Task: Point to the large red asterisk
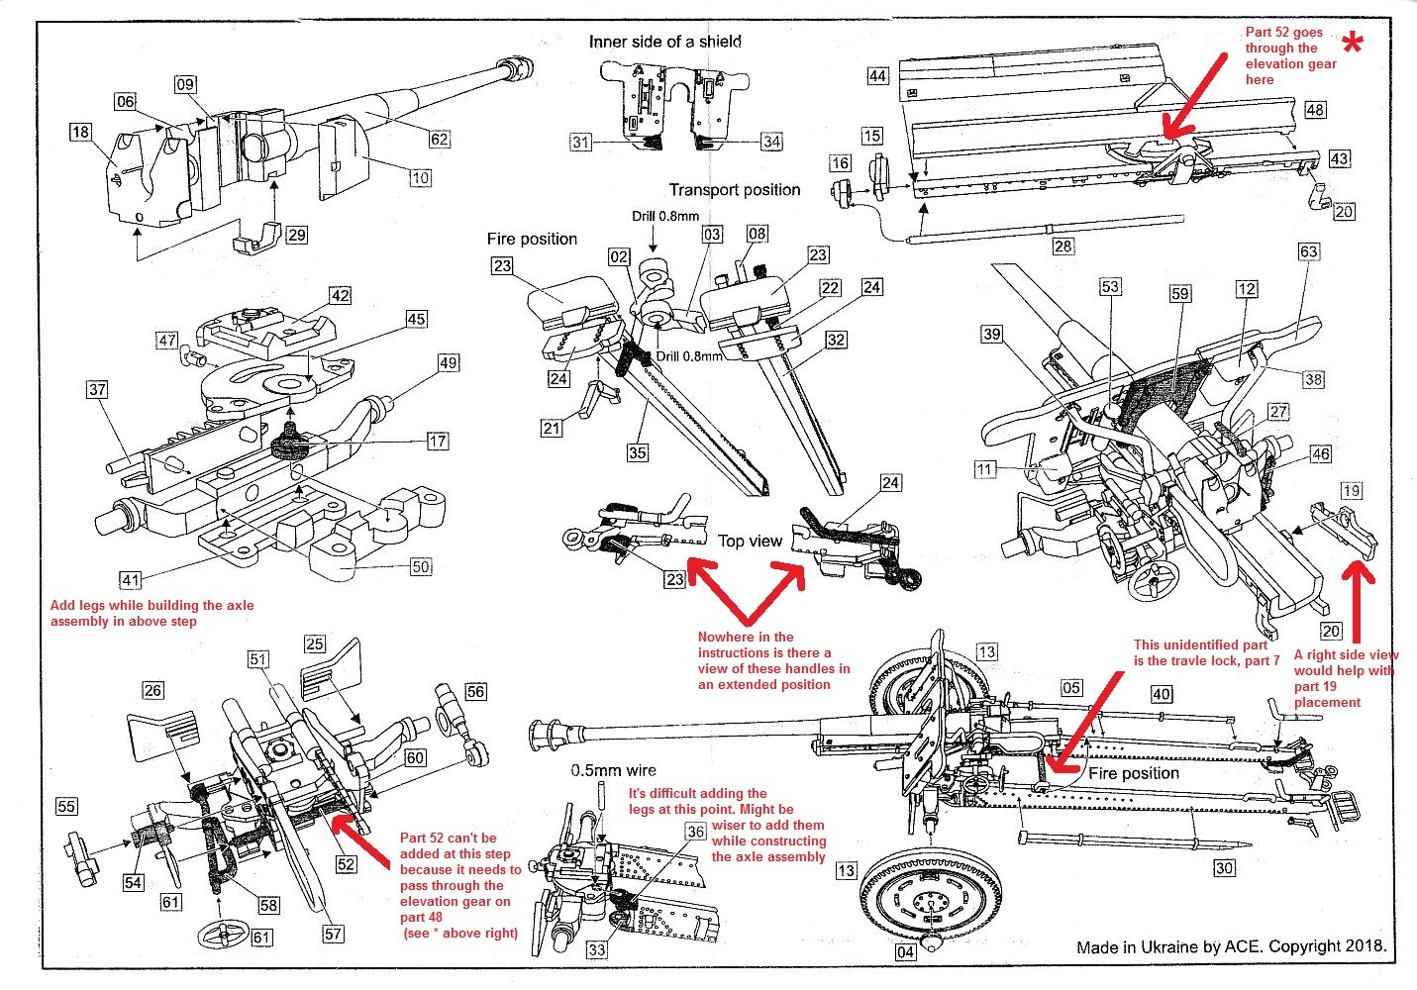(1353, 44)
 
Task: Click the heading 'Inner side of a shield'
(664, 42)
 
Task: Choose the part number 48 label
(1314, 110)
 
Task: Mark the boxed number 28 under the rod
(1063, 246)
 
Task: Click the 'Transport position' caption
(734, 190)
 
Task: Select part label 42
(340, 296)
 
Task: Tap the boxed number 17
(437, 442)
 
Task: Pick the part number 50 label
(421, 566)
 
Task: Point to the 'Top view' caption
(750, 541)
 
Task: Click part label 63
(1308, 251)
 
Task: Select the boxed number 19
(1352, 490)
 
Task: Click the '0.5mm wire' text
(613, 769)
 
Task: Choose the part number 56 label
(475, 691)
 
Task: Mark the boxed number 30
(1225, 868)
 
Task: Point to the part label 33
(596, 950)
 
